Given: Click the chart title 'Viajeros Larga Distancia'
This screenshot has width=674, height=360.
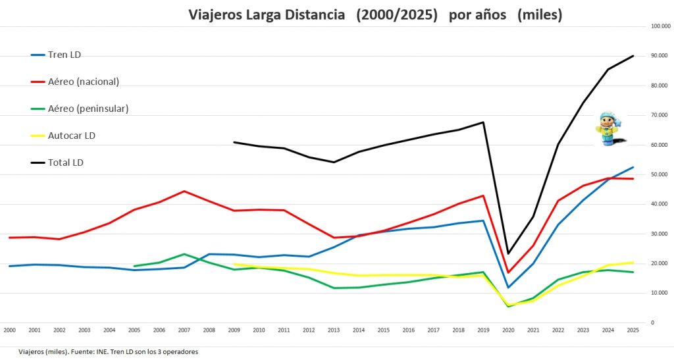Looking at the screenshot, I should (x=267, y=14).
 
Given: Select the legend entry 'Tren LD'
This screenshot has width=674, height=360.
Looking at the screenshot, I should (x=64, y=55).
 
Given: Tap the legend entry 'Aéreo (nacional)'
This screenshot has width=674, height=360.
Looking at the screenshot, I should (x=83, y=82).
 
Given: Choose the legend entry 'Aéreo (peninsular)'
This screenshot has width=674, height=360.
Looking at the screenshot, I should (x=88, y=109).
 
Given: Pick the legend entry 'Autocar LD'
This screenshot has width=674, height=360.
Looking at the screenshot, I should (x=72, y=136).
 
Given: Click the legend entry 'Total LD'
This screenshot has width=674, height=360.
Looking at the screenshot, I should (x=65, y=163).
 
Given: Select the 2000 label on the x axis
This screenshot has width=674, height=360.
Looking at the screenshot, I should (x=9, y=329).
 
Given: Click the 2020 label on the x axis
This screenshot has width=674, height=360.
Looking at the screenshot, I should (x=507, y=329).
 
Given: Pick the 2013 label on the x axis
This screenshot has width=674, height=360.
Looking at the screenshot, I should (x=333, y=329).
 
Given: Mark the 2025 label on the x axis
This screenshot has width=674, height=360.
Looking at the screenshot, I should (x=633, y=329).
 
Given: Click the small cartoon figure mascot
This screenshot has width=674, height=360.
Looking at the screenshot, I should (x=608, y=128).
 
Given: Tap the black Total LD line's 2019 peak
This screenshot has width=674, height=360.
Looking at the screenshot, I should (x=484, y=122).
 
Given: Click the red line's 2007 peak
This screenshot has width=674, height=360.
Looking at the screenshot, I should (x=184, y=191).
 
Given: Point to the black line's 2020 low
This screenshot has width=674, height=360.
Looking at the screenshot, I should (x=507, y=253).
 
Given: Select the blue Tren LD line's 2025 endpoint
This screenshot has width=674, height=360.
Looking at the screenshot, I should (x=633, y=167).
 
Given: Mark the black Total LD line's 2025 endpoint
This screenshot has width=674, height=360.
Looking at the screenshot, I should (x=633, y=56).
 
